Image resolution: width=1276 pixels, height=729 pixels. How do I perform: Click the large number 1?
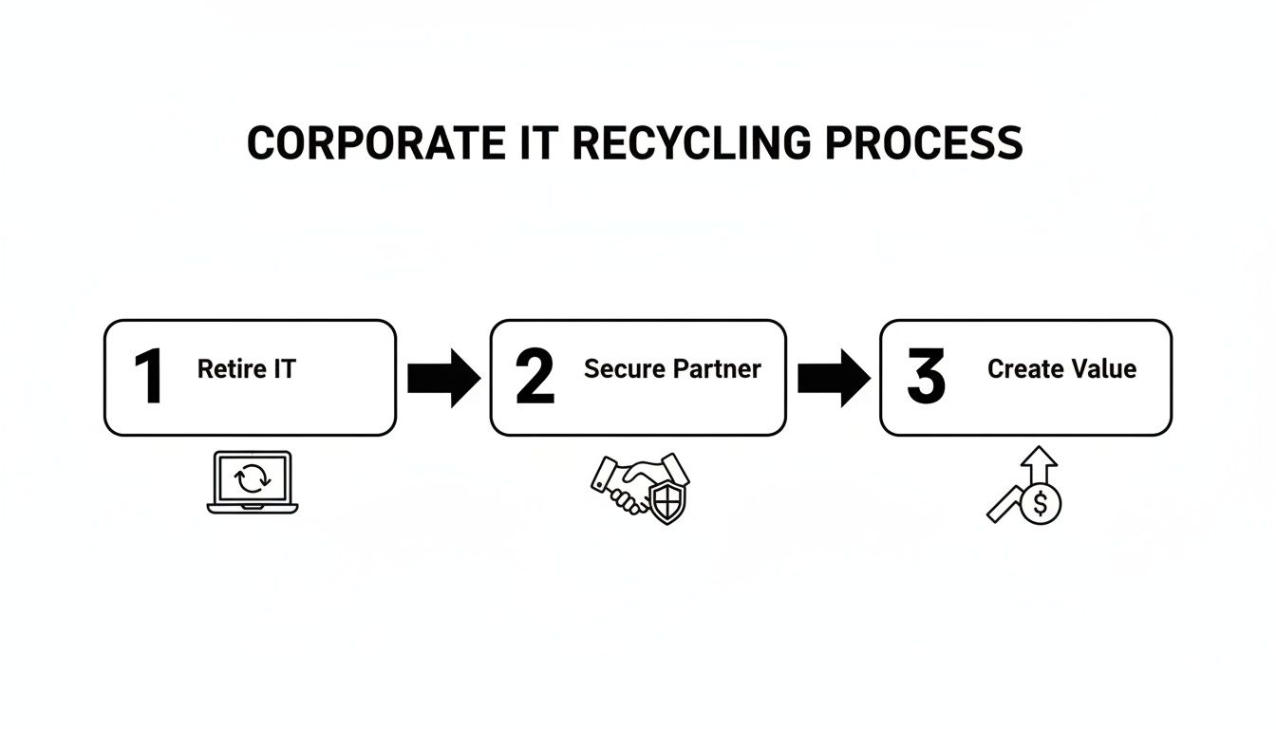pos(148,377)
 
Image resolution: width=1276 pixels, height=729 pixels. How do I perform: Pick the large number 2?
pos(534,377)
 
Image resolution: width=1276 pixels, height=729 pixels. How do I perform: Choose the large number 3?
pos(926,377)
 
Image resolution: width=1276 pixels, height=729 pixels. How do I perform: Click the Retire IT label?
pos(247,369)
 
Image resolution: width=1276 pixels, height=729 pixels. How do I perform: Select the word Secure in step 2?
pos(624,369)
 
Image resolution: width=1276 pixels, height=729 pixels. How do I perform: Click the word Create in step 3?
pos(1022,369)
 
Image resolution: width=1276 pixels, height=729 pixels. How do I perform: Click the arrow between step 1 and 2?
pos(443,378)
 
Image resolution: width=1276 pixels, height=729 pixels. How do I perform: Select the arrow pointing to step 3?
pos(833,378)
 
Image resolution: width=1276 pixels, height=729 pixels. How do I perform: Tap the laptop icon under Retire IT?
pos(253,482)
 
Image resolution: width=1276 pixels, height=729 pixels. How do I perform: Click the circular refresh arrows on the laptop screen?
pos(253,478)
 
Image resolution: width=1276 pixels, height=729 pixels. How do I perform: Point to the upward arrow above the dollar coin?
pos(1041,464)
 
